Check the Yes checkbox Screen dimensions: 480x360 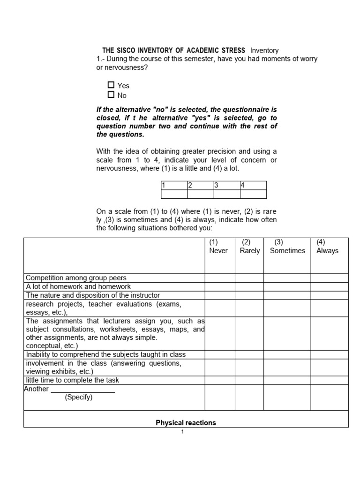[111, 85]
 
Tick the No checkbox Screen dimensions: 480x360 [111, 95]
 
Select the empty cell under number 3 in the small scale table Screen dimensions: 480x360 [227, 194]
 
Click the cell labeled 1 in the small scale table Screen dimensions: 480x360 [173, 185]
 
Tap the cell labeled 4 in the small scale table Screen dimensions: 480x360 [253, 185]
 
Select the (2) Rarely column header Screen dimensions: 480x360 [249, 247]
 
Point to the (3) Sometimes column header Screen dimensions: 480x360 [287, 247]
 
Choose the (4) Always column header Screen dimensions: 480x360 [327, 247]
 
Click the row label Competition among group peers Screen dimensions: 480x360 [76, 278]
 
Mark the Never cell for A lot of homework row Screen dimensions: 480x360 [219, 286]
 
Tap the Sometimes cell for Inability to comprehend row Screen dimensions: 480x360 [287, 355]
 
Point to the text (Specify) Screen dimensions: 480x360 [79, 397]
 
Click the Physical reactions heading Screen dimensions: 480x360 [186, 423]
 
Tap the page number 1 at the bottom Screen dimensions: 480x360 [182, 432]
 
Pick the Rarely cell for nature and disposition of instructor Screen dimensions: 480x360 [249, 295]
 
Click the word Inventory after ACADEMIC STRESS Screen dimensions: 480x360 [264, 50]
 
